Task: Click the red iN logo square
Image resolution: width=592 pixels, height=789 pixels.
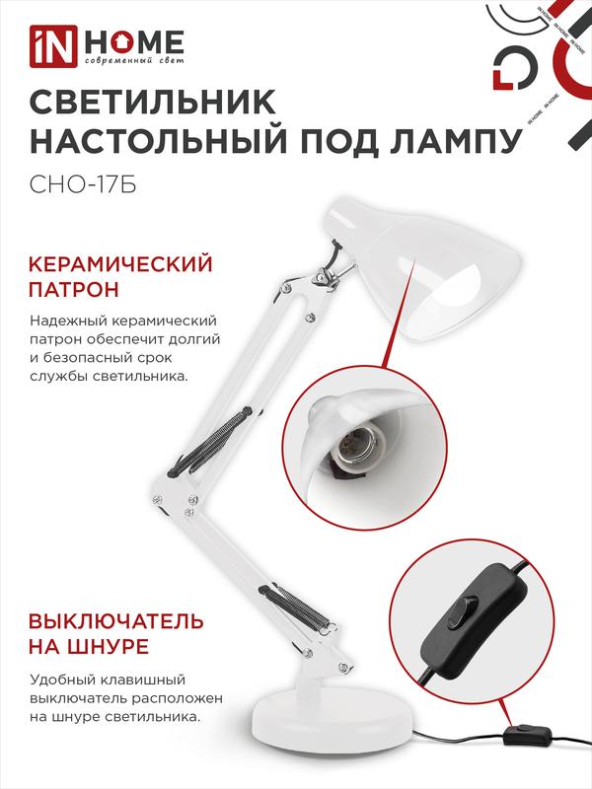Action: coord(53,46)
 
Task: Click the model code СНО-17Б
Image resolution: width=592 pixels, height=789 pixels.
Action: coord(83,184)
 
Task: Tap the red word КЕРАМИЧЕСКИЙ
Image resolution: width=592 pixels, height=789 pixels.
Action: coord(120,264)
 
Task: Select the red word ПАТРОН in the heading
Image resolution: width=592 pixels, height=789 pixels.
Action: coord(73,290)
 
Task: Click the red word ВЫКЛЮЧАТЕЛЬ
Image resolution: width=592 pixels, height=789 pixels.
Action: coord(116,621)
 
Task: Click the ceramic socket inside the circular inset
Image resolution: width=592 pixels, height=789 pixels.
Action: coord(355,448)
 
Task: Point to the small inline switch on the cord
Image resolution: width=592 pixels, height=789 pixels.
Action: coord(525,733)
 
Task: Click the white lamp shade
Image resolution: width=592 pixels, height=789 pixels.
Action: coord(423,267)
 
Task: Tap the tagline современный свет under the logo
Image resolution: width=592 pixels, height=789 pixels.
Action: coord(134,61)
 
